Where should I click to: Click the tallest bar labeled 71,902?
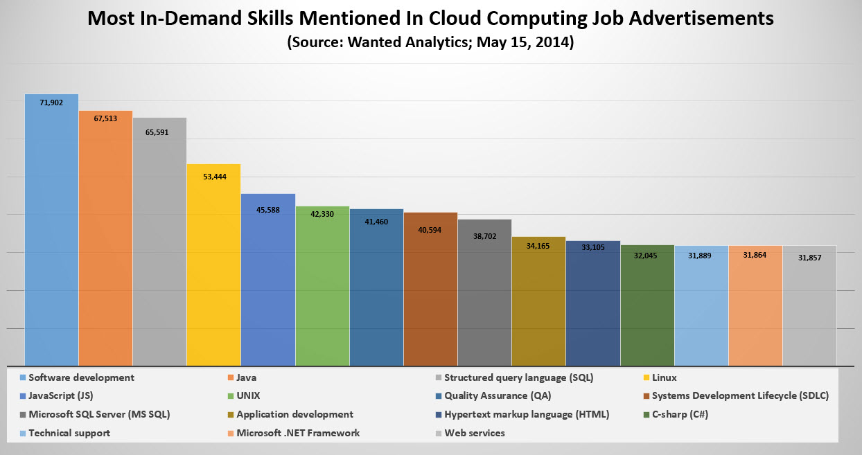click(51, 229)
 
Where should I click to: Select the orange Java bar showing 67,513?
click(105, 239)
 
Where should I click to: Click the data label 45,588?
click(267, 210)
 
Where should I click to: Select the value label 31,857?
click(809, 258)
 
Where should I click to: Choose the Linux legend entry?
click(664, 377)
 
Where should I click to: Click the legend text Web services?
click(474, 433)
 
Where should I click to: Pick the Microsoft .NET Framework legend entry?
click(298, 433)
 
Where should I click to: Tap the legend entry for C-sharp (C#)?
click(680, 414)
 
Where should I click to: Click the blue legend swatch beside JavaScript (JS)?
click(23, 396)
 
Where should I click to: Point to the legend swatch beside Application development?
click(231, 414)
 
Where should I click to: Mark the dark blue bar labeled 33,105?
click(592, 305)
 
